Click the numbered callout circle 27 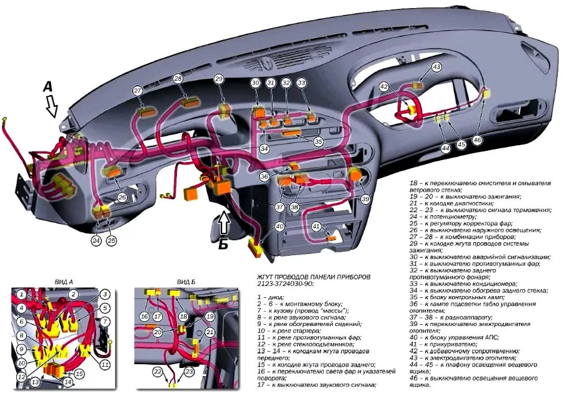pos(138,91)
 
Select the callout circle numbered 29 pos(219,79)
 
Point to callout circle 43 pos(436,66)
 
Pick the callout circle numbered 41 pos(316,226)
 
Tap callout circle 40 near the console pos(279,226)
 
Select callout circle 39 pos(366,199)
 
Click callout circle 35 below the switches pos(318,141)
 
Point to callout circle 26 pos(123,197)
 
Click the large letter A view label pos(48,88)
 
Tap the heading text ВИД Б pos(186,282)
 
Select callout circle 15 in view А pos(79,374)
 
